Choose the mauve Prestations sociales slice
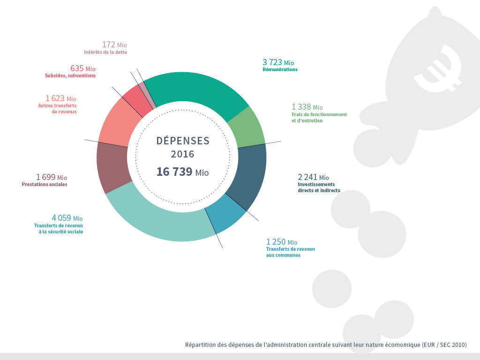tap(112, 166)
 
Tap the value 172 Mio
tap(114, 45)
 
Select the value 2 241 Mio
tap(313, 177)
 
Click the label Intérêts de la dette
tap(105, 52)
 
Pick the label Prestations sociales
tap(45, 185)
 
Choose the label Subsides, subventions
tap(70, 75)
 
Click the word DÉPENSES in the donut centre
tap(183, 141)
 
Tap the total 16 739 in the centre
tap(174, 172)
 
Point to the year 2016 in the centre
tap(182, 154)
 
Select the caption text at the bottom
tap(326, 345)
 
